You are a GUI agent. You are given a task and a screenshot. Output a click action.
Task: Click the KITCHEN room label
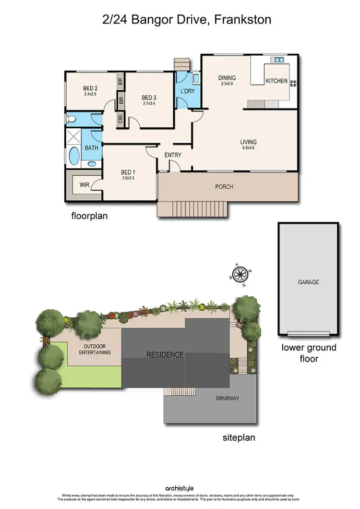coord(276,81)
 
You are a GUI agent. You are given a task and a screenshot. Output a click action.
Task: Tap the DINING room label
coord(227,78)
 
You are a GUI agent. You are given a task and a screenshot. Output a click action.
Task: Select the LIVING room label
coord(248,142)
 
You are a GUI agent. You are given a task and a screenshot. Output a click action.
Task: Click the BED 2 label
coord(90,88)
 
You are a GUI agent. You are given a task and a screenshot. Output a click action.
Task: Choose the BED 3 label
coord(149,97)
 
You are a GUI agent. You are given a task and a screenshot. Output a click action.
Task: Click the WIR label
coord(84,184)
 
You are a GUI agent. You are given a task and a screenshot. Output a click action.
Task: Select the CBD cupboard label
coord(120,118)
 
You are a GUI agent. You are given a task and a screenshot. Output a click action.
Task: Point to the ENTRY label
coord(173,155)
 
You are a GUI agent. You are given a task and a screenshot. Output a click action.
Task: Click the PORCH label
coord(224,186)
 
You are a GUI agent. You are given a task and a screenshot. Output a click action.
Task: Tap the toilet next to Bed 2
coord(71,118)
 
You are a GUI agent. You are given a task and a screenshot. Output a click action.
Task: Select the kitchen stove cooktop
coord(292,82)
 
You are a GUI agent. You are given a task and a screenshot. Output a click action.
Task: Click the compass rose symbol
coord(241,274)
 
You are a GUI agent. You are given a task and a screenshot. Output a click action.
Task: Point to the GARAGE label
coord(308,282)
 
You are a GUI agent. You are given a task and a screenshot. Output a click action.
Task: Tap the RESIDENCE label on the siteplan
coord(165,355)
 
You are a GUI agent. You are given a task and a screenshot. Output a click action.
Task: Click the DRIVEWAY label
coord(228,398)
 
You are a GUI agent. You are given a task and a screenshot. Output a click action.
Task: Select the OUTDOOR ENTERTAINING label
coord(95,349)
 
